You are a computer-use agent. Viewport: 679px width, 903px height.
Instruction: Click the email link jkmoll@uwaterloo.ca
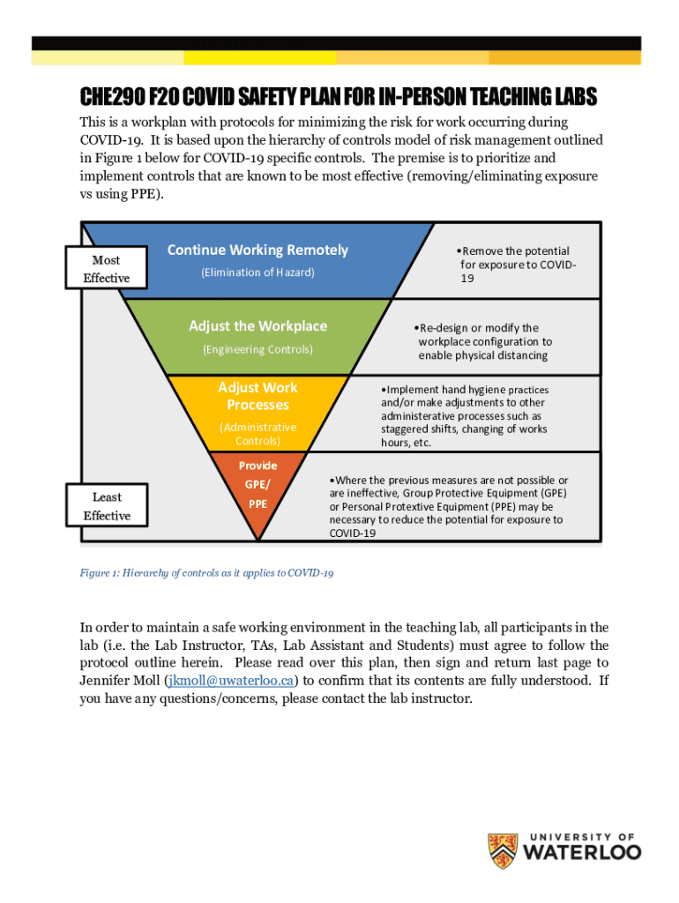[231, 681]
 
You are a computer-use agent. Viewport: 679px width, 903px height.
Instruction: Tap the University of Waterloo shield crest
[503, 850]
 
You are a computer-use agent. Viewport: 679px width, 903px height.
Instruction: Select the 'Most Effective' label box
[107, 269]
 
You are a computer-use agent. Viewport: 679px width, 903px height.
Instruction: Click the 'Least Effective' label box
[107, 506]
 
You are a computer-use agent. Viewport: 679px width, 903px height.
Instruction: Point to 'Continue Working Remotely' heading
[257, 250]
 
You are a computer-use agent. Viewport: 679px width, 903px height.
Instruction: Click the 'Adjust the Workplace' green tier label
[257, 326]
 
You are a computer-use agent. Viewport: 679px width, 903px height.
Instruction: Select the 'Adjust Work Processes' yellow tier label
[257, 396]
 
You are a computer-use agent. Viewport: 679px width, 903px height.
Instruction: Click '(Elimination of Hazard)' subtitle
[257, 272]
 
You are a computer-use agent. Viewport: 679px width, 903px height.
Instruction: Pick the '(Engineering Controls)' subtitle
[257, 349]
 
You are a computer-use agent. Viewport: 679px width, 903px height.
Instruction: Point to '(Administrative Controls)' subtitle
[257, 434]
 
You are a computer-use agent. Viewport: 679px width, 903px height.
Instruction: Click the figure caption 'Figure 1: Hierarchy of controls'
[207, 573]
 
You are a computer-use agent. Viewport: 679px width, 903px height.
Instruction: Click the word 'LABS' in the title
[571, 96]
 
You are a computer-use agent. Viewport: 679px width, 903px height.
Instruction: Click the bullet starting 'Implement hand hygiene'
[465, 415]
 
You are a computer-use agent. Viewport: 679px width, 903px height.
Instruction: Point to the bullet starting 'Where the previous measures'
[448, 507]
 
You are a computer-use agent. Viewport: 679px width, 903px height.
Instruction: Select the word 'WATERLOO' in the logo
[582, 853]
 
